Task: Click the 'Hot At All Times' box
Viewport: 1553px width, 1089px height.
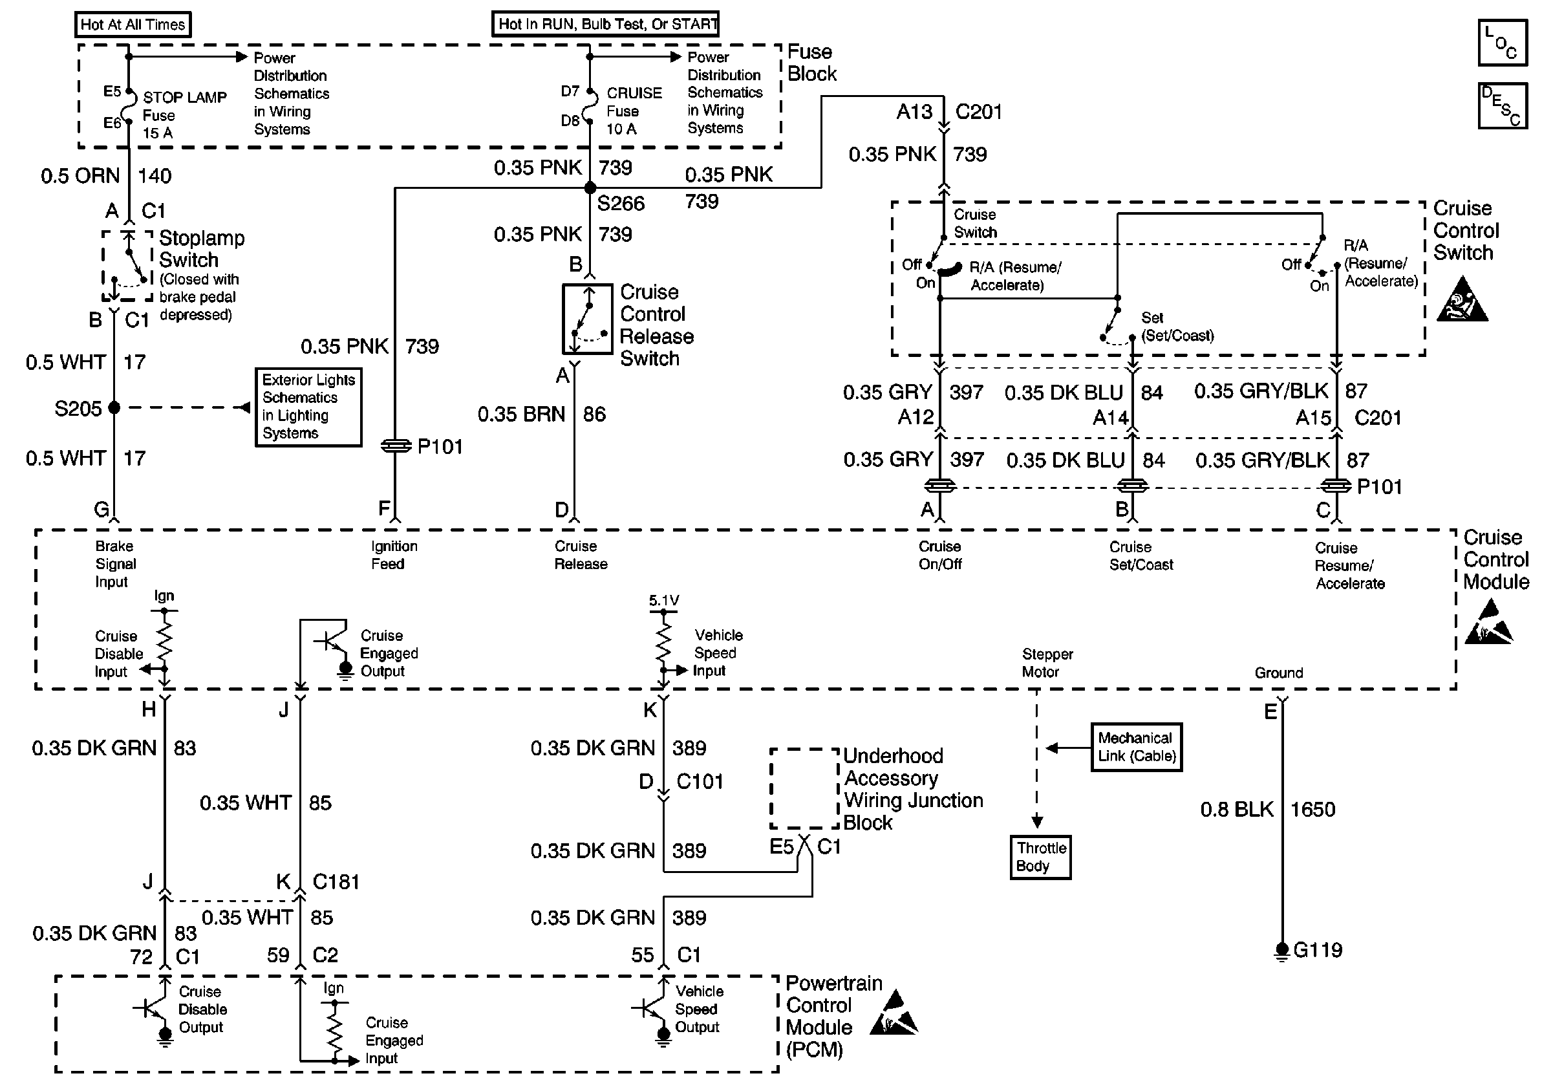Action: [x=133, y=25]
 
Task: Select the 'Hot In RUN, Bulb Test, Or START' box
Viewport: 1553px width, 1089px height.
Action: [x=605, y=24]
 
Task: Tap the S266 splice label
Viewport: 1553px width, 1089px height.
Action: [x=621, y=204]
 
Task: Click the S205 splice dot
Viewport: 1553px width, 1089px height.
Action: [x=114, y=407]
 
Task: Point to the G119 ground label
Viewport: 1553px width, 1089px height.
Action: [x=1318, y=950]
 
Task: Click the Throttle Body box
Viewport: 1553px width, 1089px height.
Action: [x=1040, y=857]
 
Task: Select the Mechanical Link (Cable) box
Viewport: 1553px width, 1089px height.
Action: [x=1137, y=747]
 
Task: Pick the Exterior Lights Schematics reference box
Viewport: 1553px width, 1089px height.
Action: [x=308, y=407]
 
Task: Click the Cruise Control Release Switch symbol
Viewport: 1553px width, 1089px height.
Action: [x=588, y=319]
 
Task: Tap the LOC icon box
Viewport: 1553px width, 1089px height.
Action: [x=1503, y=43]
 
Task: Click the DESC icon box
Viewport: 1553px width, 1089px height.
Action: [x=1503, y=105]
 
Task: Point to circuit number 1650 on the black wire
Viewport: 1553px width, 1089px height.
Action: [x=1313, y=810]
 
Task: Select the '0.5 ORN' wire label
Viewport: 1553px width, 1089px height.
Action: [x=80, y=176]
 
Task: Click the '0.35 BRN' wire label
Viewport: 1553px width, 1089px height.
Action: [x=521, y=414]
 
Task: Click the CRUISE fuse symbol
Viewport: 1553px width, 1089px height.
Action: [x=590, y=105]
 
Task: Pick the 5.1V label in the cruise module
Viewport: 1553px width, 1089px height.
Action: [x=663, y=601]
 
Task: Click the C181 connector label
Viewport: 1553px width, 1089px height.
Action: [x=336, y=882]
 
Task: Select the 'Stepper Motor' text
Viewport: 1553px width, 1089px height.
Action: [x=1047, y=663]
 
